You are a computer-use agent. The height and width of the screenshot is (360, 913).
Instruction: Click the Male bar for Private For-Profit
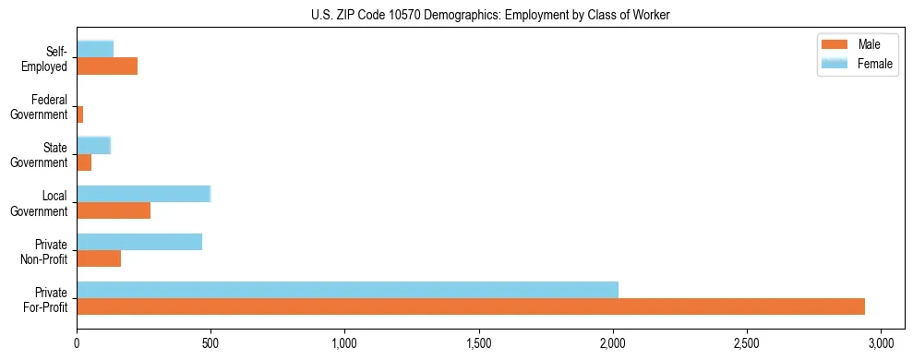(x=471, y=306)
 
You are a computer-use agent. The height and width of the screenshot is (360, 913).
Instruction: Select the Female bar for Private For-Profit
(x=347, y=290)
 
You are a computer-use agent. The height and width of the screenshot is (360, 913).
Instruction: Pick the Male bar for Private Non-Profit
(x=99, y=258)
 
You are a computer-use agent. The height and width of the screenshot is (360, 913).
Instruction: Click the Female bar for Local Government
(x=144, y=194)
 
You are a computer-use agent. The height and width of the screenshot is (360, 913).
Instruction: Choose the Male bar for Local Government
(x=114, y=210)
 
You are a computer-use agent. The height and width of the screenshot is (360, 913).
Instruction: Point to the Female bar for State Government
(x=94, y=145)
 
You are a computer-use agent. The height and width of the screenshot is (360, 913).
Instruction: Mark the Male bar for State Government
(x=84, y=162)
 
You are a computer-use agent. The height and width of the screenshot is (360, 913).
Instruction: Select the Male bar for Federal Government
(x=80, y=114)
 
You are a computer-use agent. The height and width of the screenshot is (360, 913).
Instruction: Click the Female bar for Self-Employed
(x=95, y=49)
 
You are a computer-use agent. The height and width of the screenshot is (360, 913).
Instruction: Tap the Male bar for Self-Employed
(x=107, y=66)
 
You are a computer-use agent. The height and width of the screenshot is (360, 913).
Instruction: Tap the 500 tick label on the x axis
(x=210, y=343)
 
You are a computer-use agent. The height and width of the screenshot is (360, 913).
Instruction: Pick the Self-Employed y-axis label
(x=47, y=58)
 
